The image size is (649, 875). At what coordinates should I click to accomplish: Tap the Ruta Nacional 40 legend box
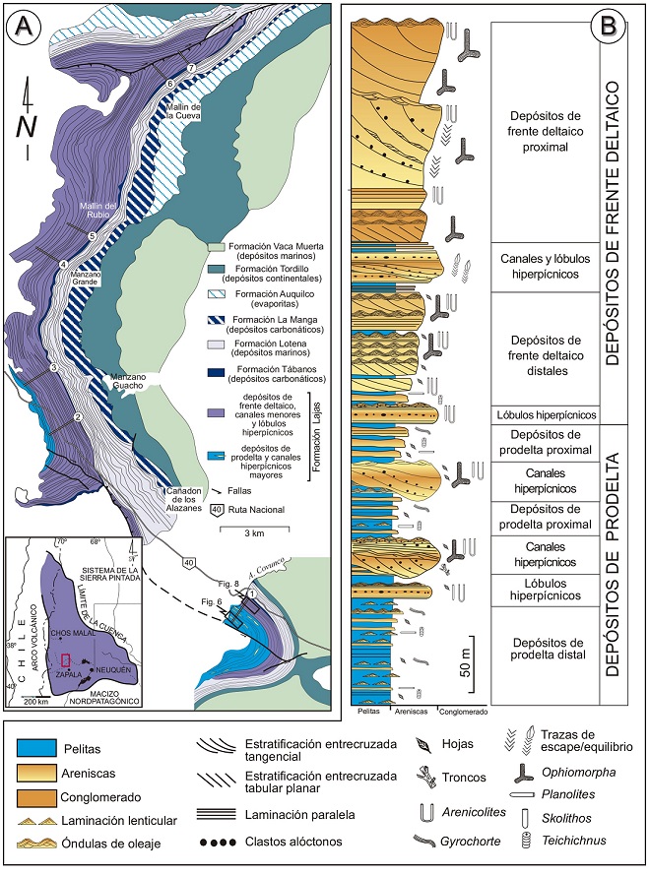[x=226, y=509]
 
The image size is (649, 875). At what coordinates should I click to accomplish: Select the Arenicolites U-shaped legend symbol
[x=423, y=811]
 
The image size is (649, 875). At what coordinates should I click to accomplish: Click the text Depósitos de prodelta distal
[x=545, y=650]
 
